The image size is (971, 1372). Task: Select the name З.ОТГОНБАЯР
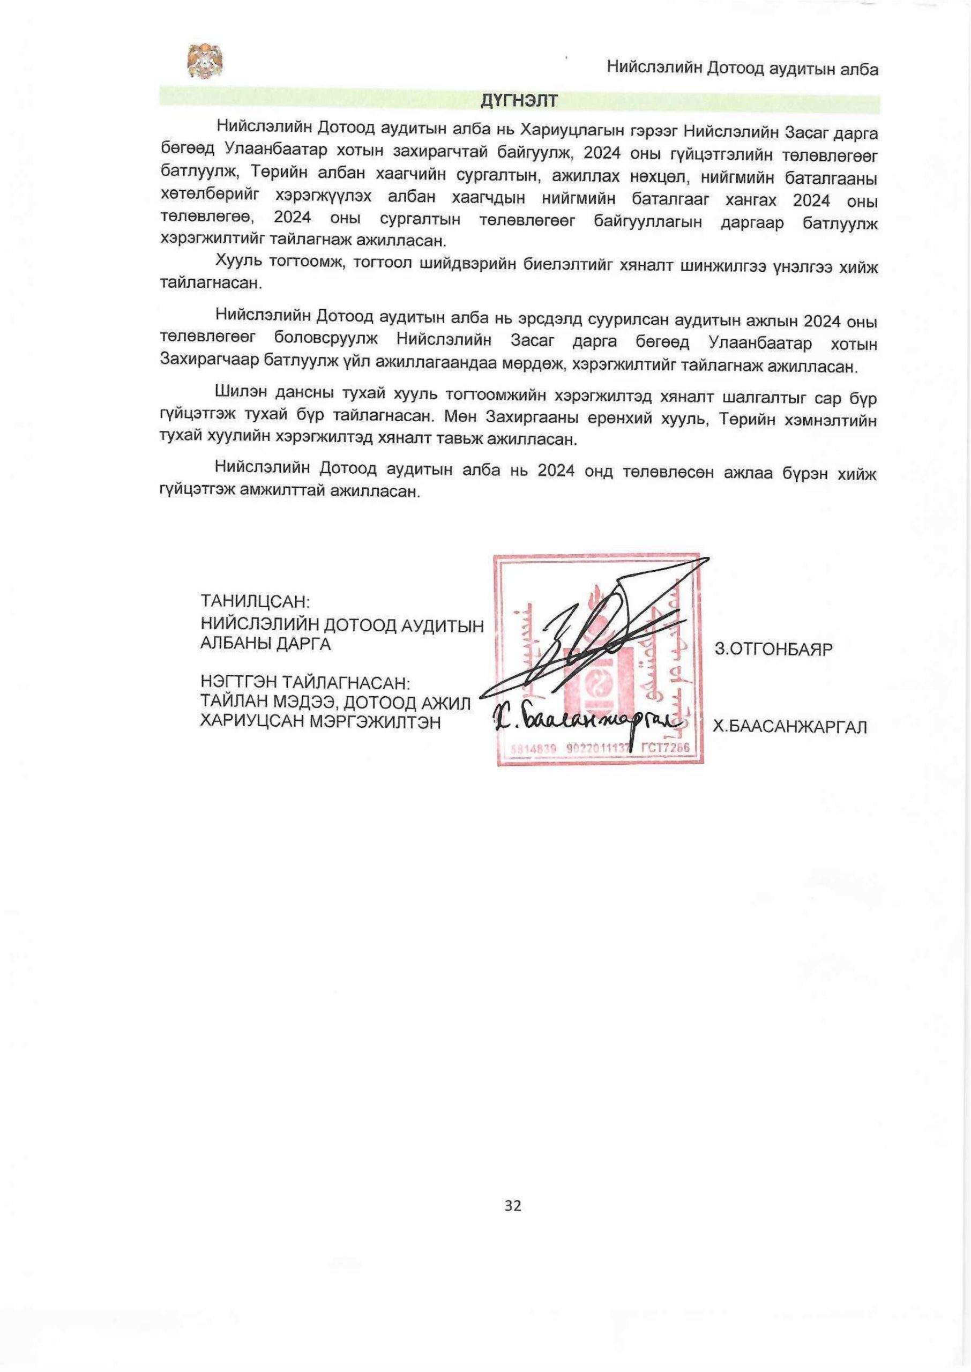tap(773, 649)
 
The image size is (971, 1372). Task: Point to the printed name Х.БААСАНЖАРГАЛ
tap(789, 727)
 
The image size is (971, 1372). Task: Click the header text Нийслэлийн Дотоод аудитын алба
tap(743, 68)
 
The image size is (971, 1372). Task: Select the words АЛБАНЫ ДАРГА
tap(265, 644)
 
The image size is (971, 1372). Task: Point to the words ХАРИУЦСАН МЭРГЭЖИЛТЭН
tap(320, 721)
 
